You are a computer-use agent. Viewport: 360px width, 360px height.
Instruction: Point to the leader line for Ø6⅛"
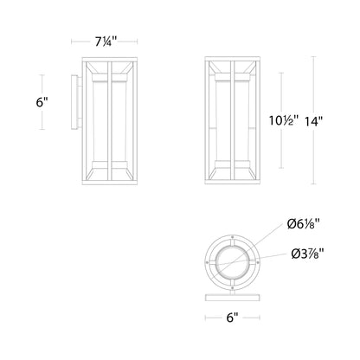(x=270, y=233)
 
